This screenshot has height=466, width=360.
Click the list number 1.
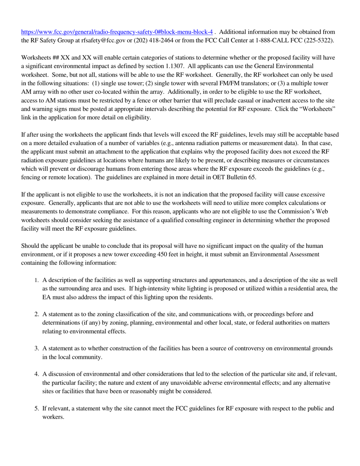pos(36,281)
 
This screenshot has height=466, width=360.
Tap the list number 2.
pos(36,314)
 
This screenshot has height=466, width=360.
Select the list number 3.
pos(36,348)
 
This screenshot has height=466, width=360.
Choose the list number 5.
pos(36,408)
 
